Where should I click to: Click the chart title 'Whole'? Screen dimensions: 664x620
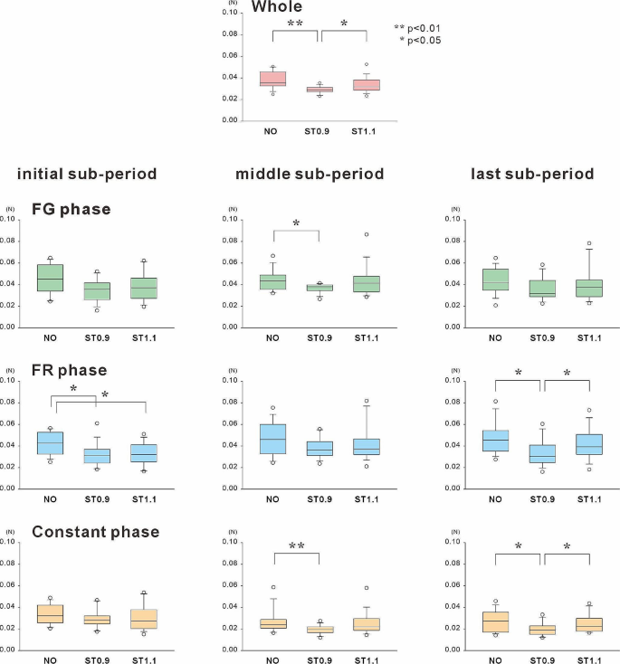click(x=277, y=7)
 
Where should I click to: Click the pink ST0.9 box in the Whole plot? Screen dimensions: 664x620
click(x=319, y=90)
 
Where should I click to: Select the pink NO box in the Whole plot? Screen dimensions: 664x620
click(x=272, y=79)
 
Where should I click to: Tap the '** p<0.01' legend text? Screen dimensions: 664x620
click(x=417, y=29)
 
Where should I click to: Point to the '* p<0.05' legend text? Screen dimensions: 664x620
click(x=420, y=41)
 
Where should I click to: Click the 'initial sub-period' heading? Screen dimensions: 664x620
click(x=87, y=174)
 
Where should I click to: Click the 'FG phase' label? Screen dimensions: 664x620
click(x=72, y=210)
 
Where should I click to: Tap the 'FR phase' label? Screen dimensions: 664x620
click(x=70, y=370)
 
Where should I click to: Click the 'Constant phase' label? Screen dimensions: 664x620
click(x=96, y=532)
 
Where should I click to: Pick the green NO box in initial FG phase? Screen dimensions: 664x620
click(x=50, y=278)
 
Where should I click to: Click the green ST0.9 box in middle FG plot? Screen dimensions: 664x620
click(x=319, y=288)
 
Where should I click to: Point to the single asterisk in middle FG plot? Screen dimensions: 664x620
click(x=295, y=223)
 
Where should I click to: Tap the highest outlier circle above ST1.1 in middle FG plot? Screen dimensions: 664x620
click(x=367, y=234)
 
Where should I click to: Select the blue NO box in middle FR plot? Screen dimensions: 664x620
click(x=272, y=439)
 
